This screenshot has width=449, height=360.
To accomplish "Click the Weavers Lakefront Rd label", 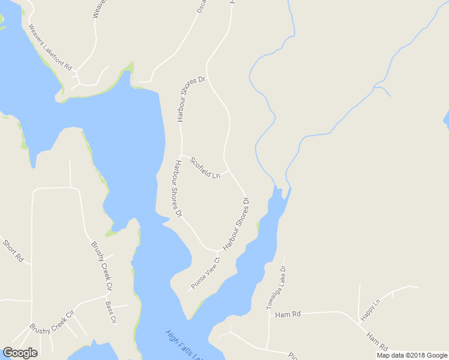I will [x=50, y=47].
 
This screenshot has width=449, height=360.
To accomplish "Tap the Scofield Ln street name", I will [x=205, y=168].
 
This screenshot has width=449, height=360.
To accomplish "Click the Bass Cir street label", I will [x=110, y=312].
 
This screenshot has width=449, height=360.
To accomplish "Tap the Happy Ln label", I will [x=371, y=310].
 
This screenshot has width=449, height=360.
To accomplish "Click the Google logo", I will [x=20, y=353].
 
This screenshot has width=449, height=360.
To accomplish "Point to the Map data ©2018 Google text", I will [x=412, y=355].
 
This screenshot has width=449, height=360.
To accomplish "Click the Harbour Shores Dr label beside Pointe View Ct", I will [x=236, y=225].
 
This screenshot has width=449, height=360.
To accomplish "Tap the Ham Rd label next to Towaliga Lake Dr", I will [x=283, y=314].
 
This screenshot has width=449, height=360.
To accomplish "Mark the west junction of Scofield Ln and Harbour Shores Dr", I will [x=182, y=155].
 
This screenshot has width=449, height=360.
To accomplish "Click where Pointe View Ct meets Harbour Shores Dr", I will [x=217, y=251].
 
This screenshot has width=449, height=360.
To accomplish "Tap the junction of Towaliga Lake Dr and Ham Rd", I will [x=268, y=313].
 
